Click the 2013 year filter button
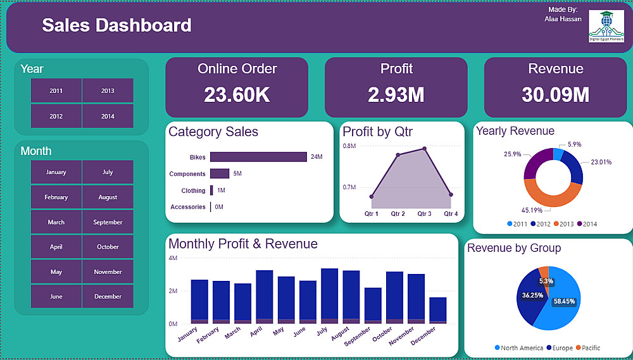(108, 90)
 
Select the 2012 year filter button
(56, 116)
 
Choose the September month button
(108, 222)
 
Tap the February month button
(56, 197)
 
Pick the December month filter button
(108, 297)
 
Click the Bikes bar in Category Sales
(258, 157)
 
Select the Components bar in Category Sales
(220, 173)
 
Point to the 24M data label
(316, 157)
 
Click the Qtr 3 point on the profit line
(425, 149)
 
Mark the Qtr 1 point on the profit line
(372, 197)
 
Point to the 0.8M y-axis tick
(349, 146)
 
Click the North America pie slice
(560, 304)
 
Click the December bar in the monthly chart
(437, 310)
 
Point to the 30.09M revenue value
(555, 95)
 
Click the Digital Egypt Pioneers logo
(606, 26)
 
